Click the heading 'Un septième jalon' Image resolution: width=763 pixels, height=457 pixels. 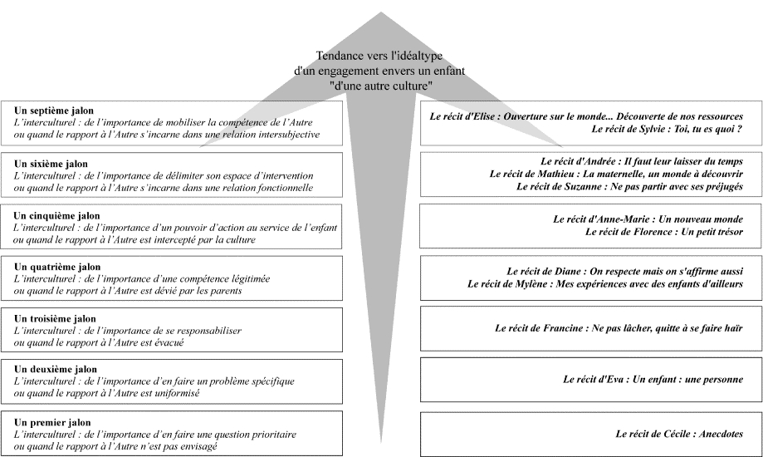(x=53, y=111)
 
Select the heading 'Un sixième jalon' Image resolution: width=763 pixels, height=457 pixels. (x=51, y=164)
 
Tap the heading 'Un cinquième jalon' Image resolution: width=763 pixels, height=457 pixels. (x=56, y=216)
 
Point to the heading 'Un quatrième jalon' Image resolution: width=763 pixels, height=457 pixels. (x=57, y=267)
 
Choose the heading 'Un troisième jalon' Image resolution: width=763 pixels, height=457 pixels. (x=55, y=318)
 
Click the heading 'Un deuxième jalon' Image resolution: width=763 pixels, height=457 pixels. (x=56, y=369)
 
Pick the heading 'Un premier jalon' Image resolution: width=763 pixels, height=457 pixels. (x=52, y=422)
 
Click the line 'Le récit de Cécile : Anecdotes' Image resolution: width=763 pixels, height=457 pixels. (x=679, y=434)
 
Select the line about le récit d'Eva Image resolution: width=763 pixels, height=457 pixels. (x=653, y=379)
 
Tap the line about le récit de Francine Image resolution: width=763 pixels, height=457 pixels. (x=619, y=328)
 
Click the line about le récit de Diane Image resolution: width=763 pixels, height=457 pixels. (x=625, y=272)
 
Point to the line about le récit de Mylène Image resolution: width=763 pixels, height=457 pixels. (x=605, y=283)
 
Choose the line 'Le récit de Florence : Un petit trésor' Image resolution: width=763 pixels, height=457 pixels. (x=664, y=232)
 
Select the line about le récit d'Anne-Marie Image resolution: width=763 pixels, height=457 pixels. (x=648, y=219)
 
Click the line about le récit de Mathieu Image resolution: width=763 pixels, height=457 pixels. (x=616, y=174)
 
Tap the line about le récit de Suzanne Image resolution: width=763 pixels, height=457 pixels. (x=629, y=186)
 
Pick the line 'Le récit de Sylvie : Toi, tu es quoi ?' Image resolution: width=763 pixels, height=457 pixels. (x=668, y=129)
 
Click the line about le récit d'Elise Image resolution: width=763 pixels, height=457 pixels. (x=586, y=116)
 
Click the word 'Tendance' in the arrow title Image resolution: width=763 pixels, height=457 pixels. (x=338, y=56)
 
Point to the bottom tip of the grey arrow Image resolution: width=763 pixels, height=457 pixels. (x=380, y=443)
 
